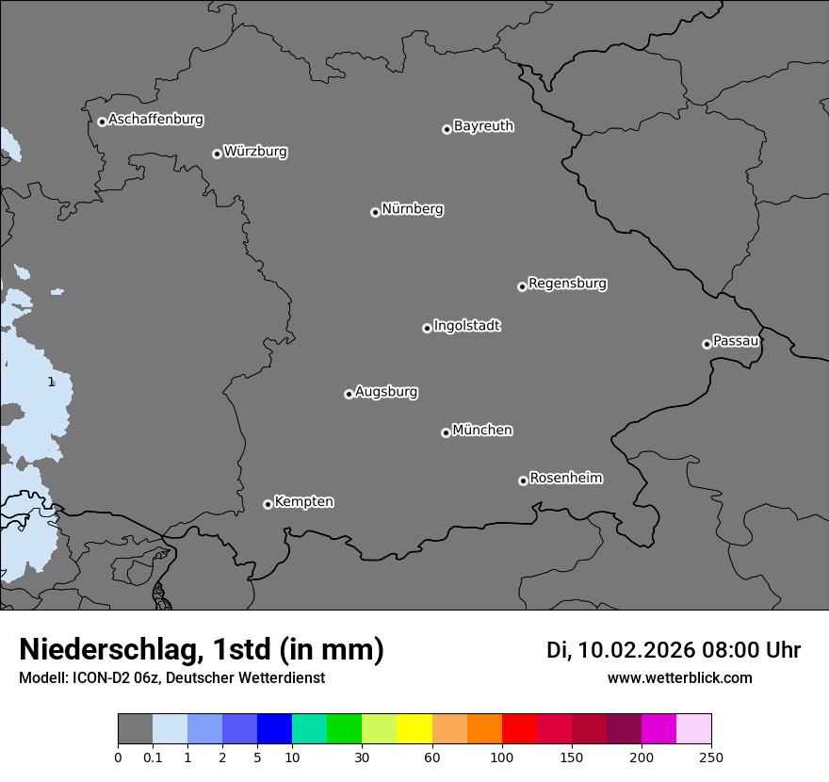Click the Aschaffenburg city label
click(x=155, y=120)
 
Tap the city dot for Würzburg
click(x=217, y=154)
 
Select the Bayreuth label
click(x=483, y=126)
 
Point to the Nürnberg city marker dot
click(x=375, y=212)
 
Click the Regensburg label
click(x=567, y=284)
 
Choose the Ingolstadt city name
click(x=466, y=326)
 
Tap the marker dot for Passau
click(x=707, y=344)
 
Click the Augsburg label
click(x=386, y=392)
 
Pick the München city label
click(x=482, y=431)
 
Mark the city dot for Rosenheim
click(x=523, y=481)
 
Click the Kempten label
click(x=303, y=502)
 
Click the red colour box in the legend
click(x=519, y=729)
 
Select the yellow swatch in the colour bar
click(x=414, y=729)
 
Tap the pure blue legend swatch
click(x=274, y=729)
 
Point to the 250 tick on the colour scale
click(x=710, y=758)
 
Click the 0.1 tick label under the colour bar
click(x=153, y=758)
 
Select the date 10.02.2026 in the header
click(x=636, y=650)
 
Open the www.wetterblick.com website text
click(x=679, y=678)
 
